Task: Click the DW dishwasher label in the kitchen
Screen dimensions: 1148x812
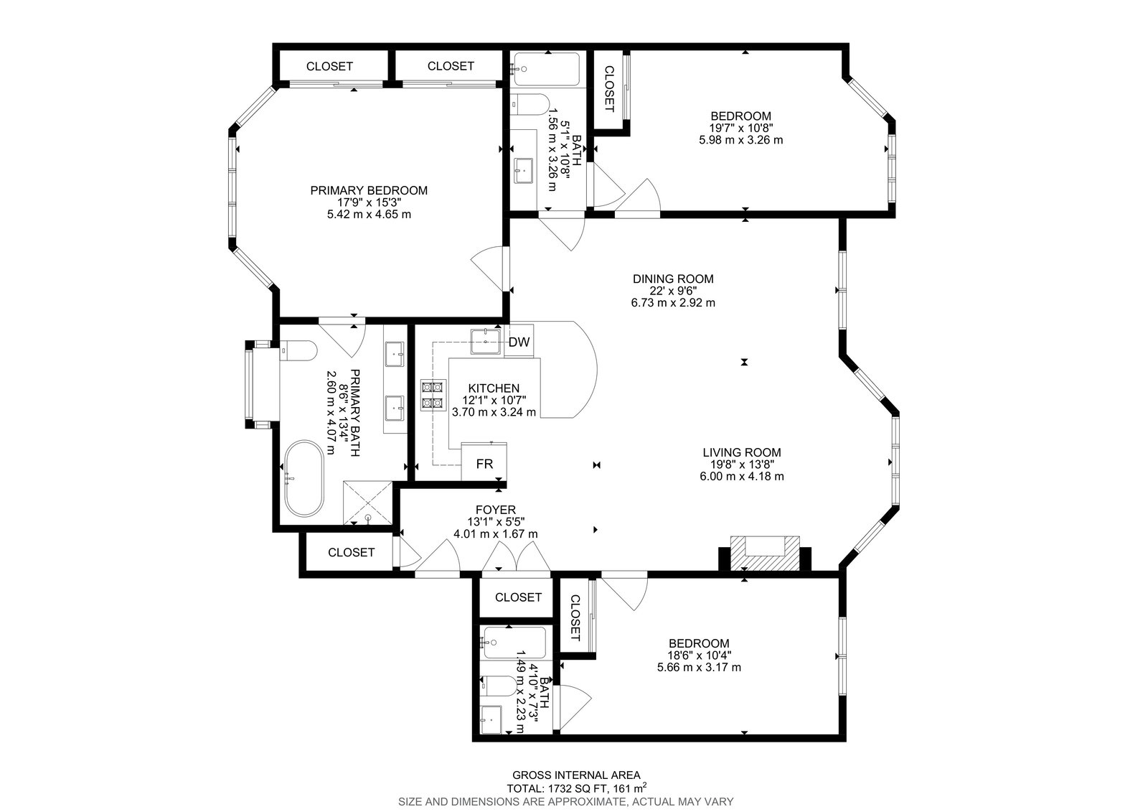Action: (519, 342)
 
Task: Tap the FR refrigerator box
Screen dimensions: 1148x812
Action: (484, 462)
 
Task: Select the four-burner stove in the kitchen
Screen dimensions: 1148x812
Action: (433, 395)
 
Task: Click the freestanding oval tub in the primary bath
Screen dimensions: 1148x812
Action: (304, 478)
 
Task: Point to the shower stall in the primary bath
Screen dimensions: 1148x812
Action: (367, 503)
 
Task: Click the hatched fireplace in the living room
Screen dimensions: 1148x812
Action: (765, 553)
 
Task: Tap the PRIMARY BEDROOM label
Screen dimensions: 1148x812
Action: (369, 190)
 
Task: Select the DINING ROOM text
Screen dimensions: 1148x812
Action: (673, 279)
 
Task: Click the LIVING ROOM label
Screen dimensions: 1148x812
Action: (742, 452)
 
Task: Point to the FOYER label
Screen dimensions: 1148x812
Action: (496, 510)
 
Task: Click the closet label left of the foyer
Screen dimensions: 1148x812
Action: (351, 552)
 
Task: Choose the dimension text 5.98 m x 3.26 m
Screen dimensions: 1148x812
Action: (740, 140)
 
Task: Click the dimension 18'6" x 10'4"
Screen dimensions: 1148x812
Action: (699, 655)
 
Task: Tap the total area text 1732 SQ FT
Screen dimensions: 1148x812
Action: (577, 788)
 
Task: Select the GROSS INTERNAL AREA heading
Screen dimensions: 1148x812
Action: (576, 775)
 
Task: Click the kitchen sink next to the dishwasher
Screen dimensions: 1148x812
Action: (485, 342)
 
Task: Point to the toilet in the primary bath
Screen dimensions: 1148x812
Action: (298, 351)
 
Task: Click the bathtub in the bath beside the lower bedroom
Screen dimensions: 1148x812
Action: (514, 643)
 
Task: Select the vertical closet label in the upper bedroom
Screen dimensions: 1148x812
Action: (609, 89)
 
